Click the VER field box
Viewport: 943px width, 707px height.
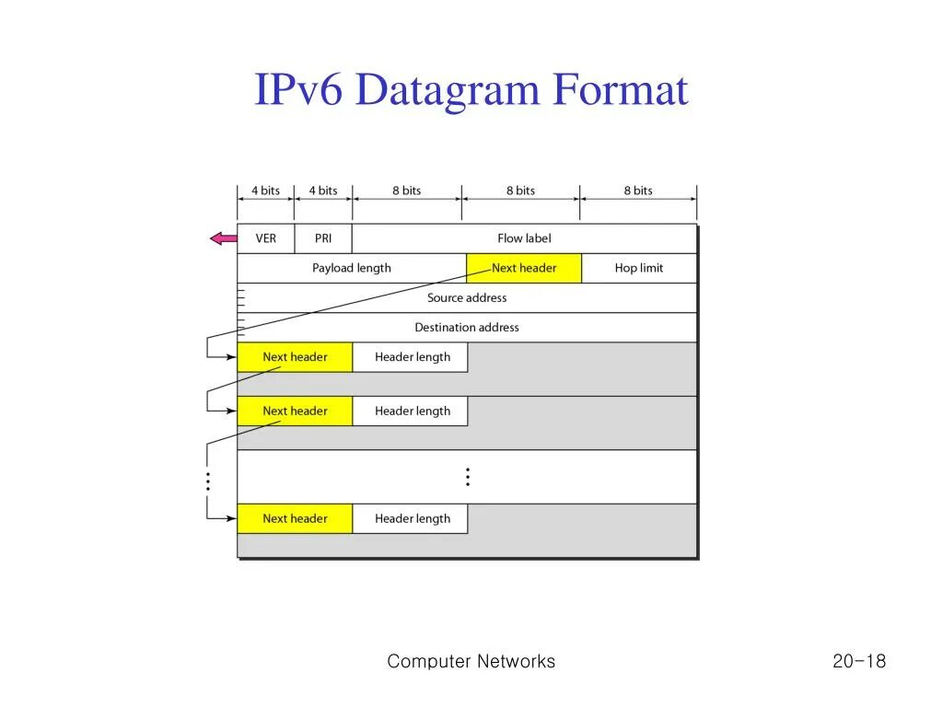tap(265, 238)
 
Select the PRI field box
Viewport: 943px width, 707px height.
tap(323, 238)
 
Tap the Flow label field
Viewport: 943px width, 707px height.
tap(524, 238)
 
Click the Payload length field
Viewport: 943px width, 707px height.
tap(351, 268)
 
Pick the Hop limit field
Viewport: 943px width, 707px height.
tap(639, 268)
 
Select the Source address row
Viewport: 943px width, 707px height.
tap(467, 298)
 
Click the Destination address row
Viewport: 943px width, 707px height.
tap(467, 328)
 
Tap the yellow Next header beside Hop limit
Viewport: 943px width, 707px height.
tap(524, 268)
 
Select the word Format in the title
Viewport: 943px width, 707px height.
tap(621, 91)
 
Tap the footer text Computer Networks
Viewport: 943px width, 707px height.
tap(471, 661)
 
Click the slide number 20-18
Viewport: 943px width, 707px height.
tap(858, 661)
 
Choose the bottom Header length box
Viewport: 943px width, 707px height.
tap(412, 519)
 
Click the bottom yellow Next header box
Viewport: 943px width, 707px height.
tap(295, 519)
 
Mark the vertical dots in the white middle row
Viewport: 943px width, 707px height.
tap(468, 477)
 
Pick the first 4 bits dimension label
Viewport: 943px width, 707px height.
tap(265, 191)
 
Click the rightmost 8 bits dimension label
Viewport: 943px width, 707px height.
tap(637, 191)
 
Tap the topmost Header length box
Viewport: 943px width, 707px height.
tap(412, 357)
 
